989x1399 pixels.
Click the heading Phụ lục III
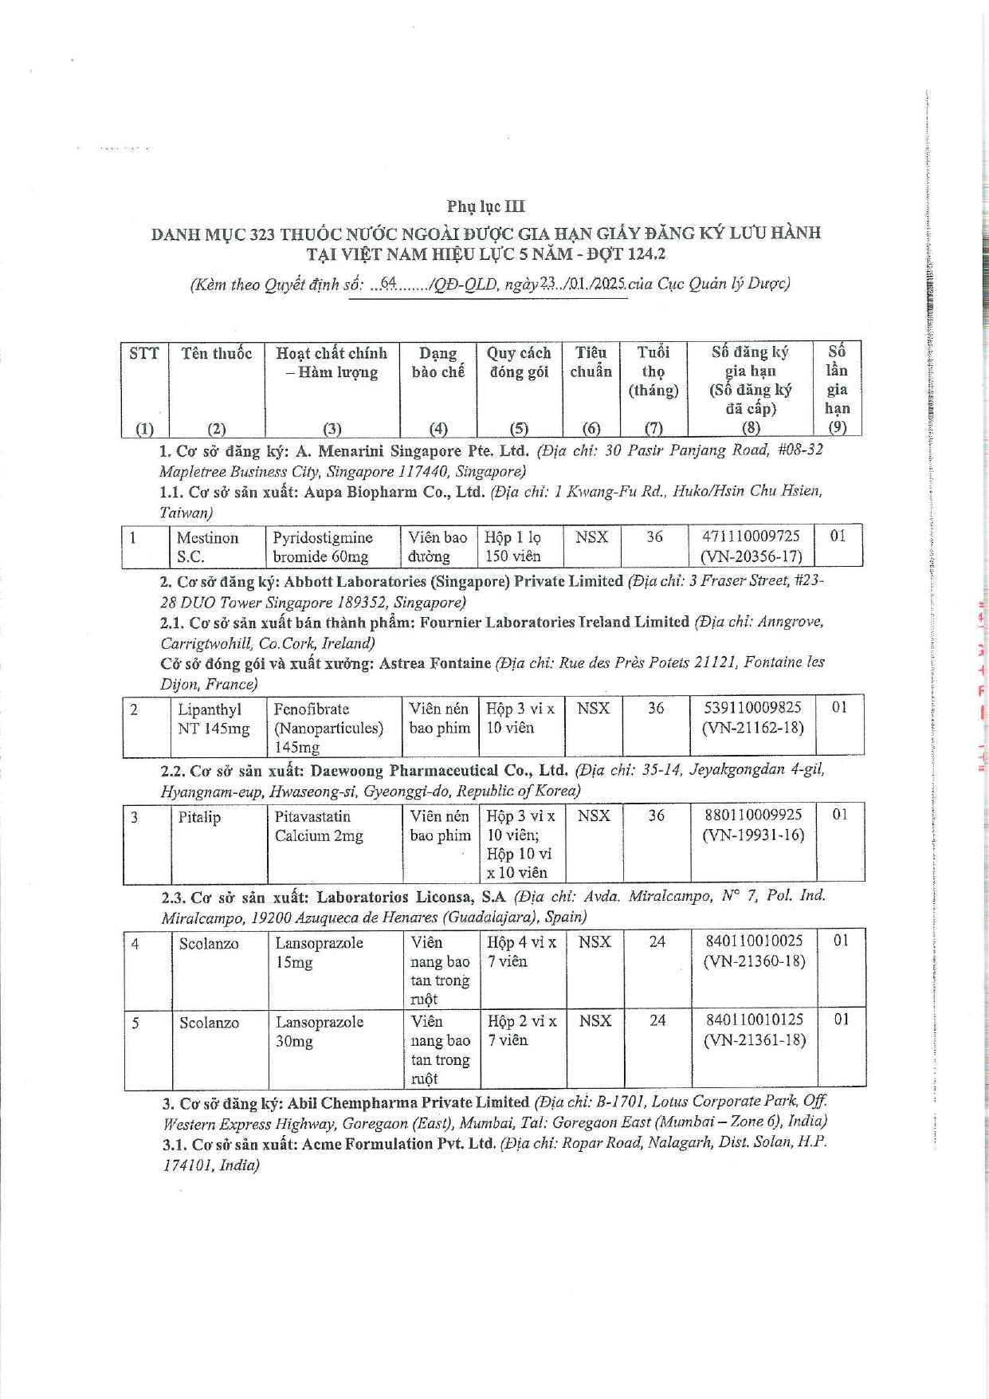point(485,206)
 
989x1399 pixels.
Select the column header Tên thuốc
point(216,353)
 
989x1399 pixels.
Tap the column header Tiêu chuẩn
point(591,362)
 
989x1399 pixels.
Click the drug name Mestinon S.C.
point(207,547)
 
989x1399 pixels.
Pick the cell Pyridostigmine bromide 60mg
point(322,547)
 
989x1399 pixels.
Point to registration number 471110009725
point(751,536)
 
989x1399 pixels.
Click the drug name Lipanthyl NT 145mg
point(213,718)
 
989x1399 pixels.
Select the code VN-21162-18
point(752,727)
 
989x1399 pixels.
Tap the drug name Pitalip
point(199,817)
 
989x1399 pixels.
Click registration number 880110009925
point(753,815)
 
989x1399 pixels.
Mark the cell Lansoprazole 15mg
point(319,953)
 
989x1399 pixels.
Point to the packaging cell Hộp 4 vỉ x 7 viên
point(521,952)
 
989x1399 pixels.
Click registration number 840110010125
point(755,1020)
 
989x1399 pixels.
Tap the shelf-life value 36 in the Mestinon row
point(654,536)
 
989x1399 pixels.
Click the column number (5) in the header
point(519,428)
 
